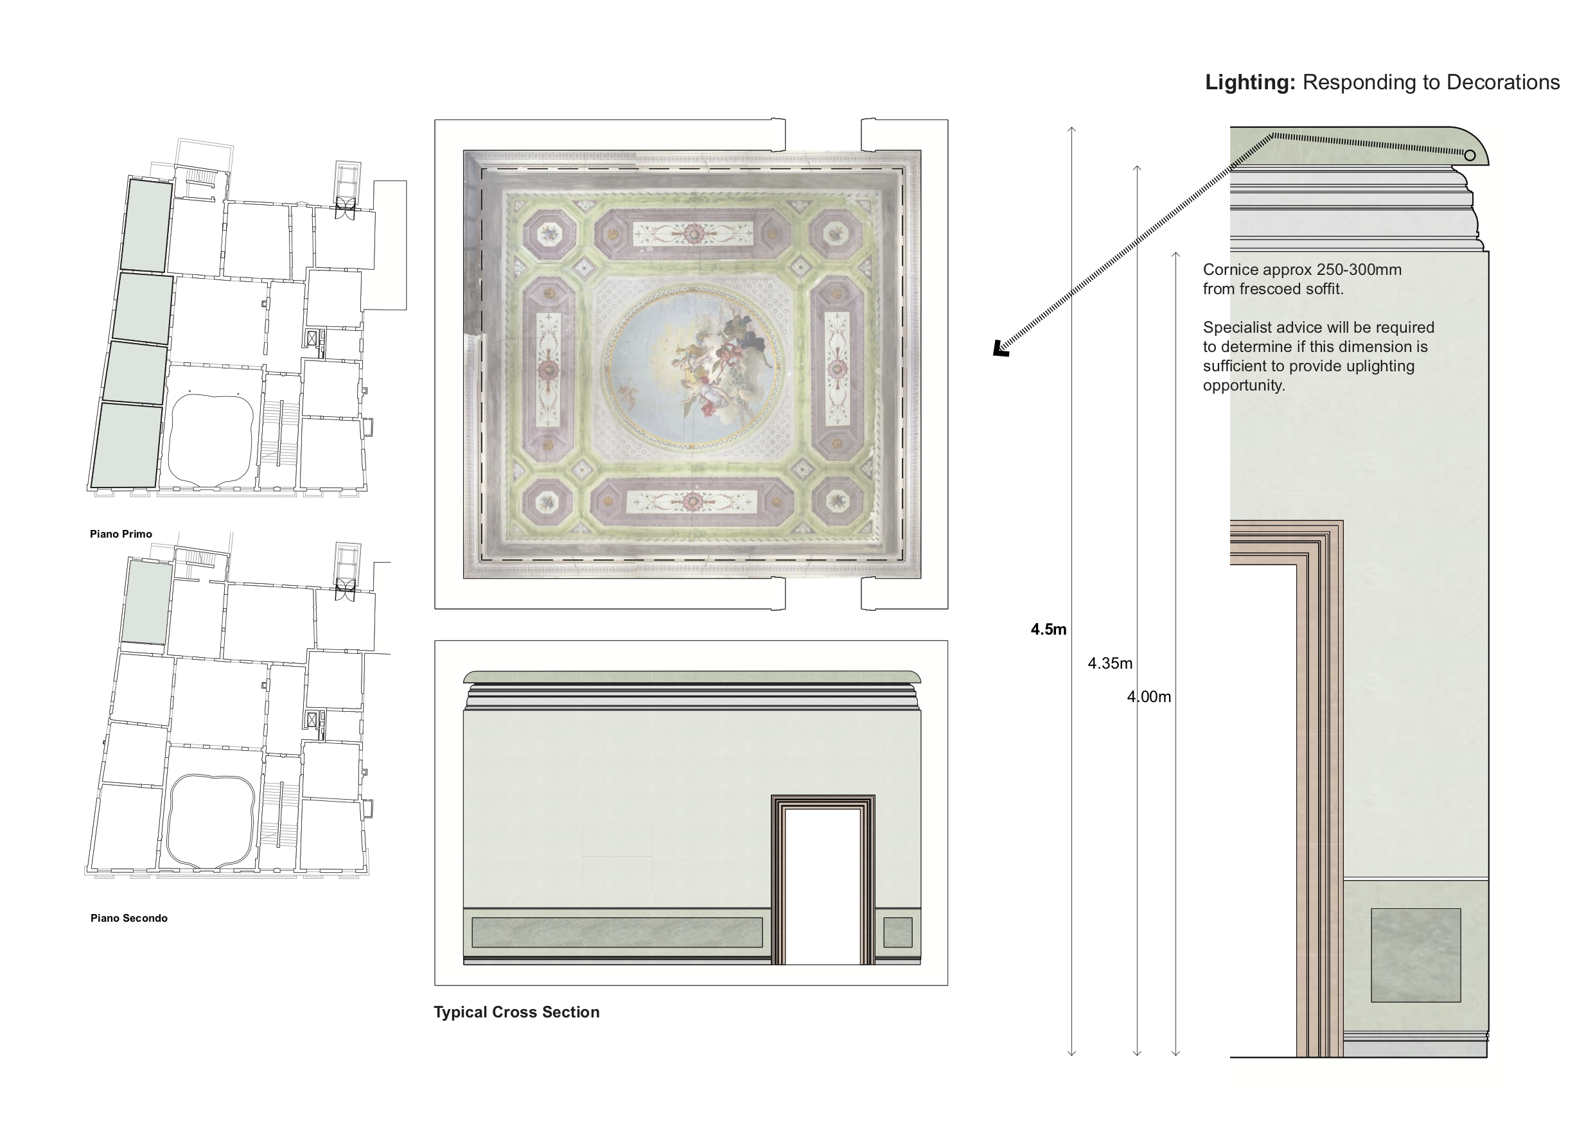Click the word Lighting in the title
coord(1249,83)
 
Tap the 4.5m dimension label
coord(1048,630)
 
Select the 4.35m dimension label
coord(1109,664)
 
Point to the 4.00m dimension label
coord(1149,697)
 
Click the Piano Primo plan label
coord(121,534)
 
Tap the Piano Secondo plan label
coord(129,919)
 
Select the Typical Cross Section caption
coord(516,1012)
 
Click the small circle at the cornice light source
coord(1470,155)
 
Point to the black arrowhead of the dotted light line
coord(999,349)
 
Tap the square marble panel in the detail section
coord(1415,955)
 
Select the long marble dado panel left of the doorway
coord(616,933)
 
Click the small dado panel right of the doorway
coord(897,933)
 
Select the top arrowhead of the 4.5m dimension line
coord(1071,129)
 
